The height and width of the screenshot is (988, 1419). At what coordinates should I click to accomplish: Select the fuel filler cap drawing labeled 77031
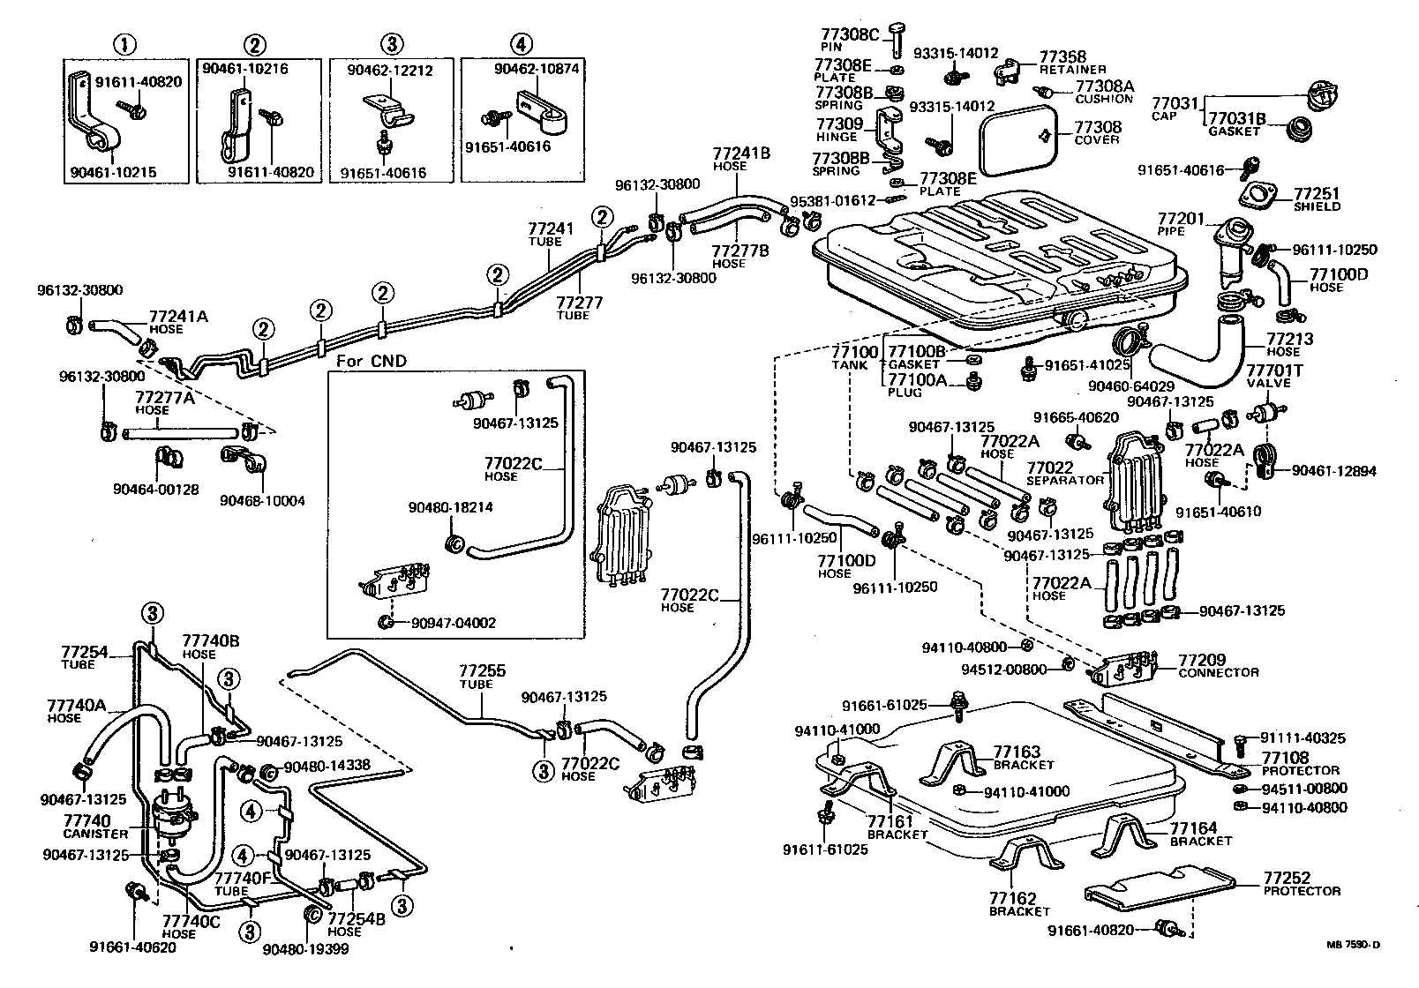click(1322, 94)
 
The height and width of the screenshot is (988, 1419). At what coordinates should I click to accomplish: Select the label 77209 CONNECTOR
click(1219, 665)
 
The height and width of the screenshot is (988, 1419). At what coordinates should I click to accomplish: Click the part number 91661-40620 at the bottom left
click(132, 947)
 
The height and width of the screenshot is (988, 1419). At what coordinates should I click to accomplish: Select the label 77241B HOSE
click(741, 159)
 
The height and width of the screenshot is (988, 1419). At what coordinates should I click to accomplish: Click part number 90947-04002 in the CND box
click(453, 623)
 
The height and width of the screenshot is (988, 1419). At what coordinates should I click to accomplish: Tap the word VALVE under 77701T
click(1268, 383)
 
